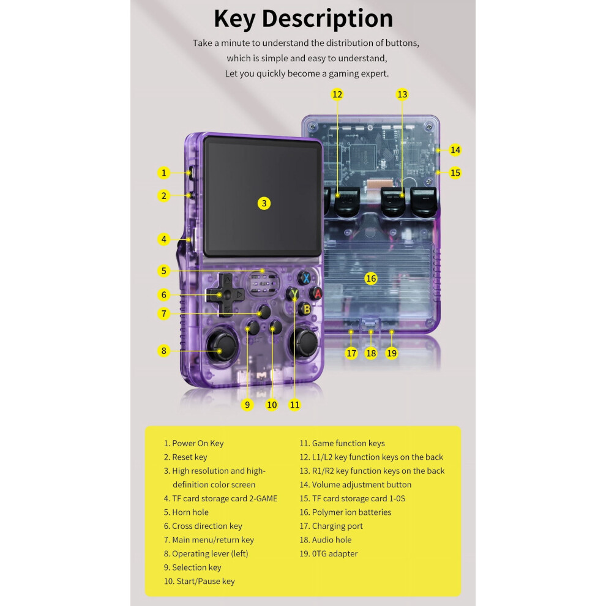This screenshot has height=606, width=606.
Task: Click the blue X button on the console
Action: tap(305, 278)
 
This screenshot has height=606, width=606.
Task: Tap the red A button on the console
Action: tap(317, 294)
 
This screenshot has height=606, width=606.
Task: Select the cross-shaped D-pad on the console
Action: tap(225, 295)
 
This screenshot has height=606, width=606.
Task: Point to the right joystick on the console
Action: tap(306, 342)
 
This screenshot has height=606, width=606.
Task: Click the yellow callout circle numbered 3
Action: tap(264, 203)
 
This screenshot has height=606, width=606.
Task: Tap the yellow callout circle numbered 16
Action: tap(370, 279)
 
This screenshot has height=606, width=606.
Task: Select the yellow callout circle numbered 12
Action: tap(337, 94)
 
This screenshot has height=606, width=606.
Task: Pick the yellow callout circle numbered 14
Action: tap(455, 150)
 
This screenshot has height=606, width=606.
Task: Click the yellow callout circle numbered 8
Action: tap(164, 351)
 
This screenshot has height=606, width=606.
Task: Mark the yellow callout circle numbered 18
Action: tap(370, 353)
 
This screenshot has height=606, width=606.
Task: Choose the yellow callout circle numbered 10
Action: tap(272, 405)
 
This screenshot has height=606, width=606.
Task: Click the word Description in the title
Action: tap(327, 18)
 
